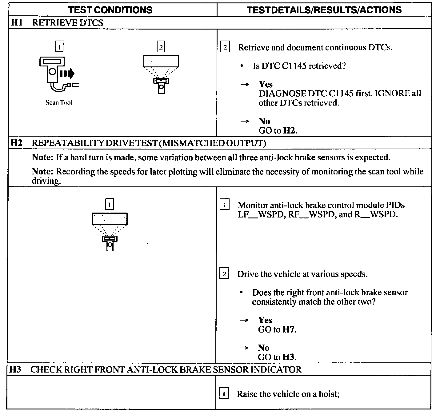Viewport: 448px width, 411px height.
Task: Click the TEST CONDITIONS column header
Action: [110, 10]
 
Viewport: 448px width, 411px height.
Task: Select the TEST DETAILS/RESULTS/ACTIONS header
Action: [324, 10]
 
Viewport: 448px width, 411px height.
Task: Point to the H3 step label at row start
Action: [15, 369]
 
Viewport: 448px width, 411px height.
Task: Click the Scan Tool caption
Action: [59, 103]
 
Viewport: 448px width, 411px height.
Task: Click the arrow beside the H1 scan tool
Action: [67, 74]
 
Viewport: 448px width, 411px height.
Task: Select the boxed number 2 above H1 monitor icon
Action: [161, 47]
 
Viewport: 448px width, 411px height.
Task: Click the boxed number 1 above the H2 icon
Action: [110, 204]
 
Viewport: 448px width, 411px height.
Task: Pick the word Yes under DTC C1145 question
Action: [266, 84]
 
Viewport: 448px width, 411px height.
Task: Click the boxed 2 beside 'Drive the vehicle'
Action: [224, 274]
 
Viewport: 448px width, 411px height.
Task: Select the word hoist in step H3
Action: [329, 394]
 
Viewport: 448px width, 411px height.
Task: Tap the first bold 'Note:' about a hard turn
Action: [43, 158]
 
